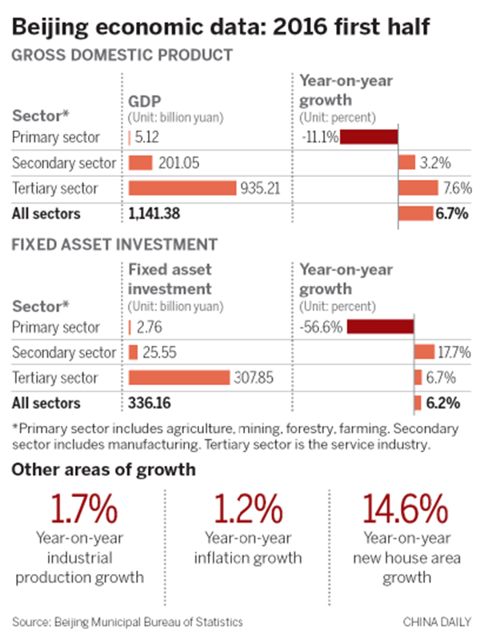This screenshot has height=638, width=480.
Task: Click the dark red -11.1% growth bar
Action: [x=370, y=136]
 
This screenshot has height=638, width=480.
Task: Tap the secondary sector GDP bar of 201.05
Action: [x=140, y=163]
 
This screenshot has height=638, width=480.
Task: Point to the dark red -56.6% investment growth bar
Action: [x=380, y=327]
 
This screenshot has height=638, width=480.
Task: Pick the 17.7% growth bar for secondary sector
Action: [x=423, y=352]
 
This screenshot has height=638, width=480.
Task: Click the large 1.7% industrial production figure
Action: [x=85, y=509]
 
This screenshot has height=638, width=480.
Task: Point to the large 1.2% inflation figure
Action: [x=242, y=509]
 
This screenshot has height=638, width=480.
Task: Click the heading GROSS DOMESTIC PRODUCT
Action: [x=122, y=56]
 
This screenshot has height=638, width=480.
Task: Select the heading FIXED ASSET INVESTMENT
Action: [x=114, y=243]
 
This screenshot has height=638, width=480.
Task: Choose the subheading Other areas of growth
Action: [x=103, y=470]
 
